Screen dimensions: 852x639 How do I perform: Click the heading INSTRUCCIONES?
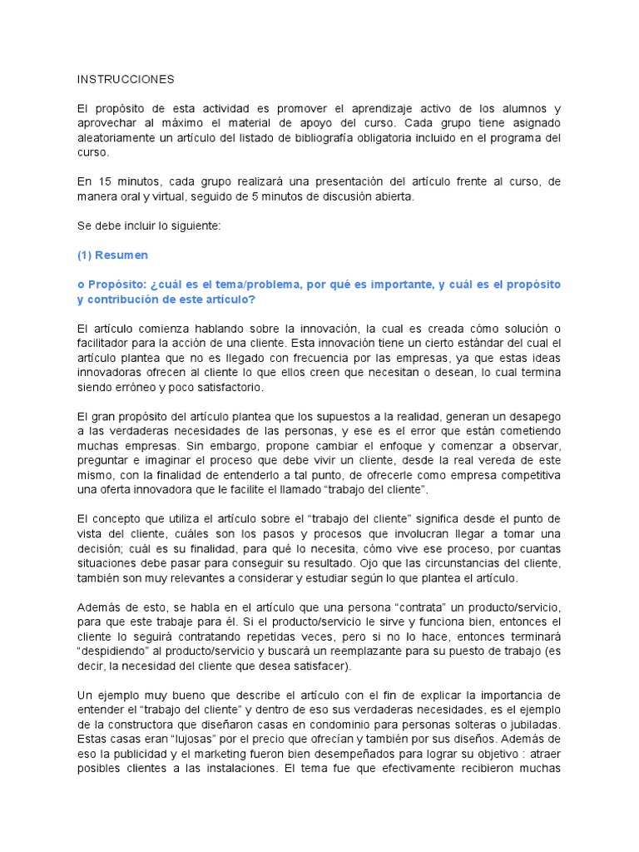coord(126,79)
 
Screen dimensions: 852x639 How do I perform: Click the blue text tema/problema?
coord(297,285)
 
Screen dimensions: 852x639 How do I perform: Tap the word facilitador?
coord(109,343)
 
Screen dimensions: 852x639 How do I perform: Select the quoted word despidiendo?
coord(116,651)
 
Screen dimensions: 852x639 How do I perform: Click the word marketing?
coord(206,752)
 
